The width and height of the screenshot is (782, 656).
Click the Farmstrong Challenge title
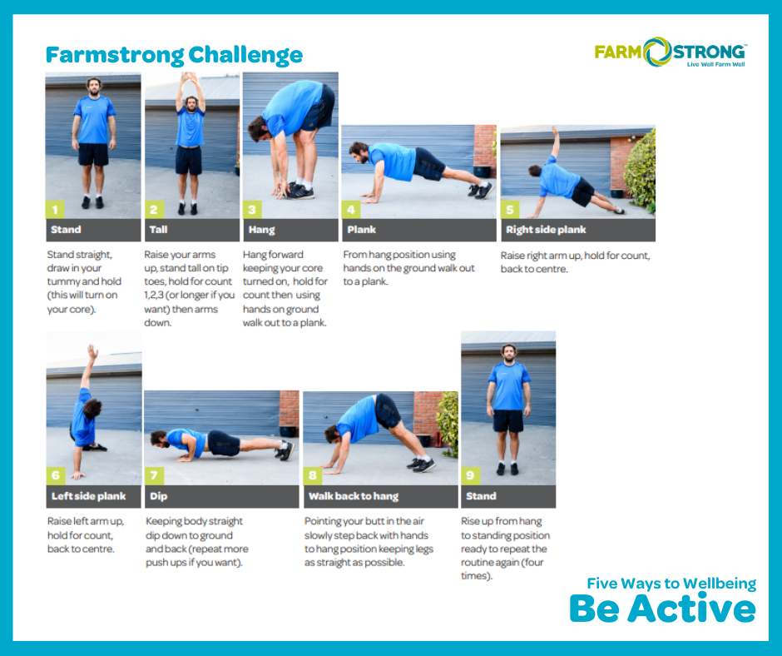tap(174, 55)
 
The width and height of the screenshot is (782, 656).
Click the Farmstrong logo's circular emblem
tap(657, 52)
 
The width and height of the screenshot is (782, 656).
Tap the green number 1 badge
tap(55, 210)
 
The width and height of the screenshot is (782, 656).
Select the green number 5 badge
tap(510, 210)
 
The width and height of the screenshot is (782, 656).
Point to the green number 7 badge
tap(154, 476)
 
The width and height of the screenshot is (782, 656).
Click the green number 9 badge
tap(470, 476)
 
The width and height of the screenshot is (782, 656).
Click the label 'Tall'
tap(159, 230)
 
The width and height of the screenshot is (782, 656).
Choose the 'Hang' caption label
tap(262, 230)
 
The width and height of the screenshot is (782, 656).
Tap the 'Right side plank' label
tap(546, 230)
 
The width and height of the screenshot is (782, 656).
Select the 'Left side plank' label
tap(89, 496)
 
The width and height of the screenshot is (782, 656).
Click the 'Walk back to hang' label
tap(354, 496)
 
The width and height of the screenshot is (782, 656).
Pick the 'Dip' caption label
tap(159, 496)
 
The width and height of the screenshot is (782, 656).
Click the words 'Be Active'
tap(663, 609)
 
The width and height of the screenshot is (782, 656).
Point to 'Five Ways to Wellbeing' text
tap(671, 584)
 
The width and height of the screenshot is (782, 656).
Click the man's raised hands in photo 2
tap(189, 78)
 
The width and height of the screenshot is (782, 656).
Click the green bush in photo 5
tap(640, 170)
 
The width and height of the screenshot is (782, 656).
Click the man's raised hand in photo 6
tap(92, 352)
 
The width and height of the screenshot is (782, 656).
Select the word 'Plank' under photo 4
tap(362, 230)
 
